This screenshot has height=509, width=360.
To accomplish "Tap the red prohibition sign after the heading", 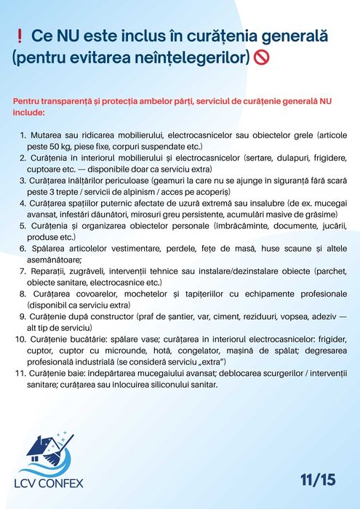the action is tap(263, 56).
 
